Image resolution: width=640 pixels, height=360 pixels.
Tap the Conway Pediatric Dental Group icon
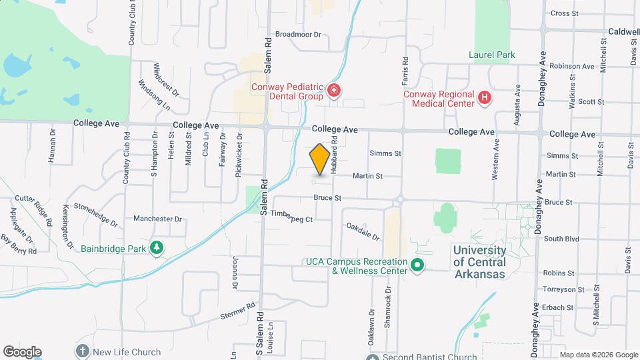tap(334, 91)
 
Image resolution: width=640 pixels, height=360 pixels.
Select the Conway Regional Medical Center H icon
tap(485, 99)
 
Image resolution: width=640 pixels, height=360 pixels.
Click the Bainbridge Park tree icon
tap(157, 249)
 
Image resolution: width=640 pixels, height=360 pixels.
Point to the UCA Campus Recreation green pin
tap(417, 265)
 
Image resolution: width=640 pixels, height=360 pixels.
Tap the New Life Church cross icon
tap(82, 351)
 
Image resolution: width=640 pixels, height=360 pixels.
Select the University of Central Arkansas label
tap(479, 257)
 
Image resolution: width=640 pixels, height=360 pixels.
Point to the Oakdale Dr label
tap(363, 232)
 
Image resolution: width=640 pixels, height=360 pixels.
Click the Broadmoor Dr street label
tap(298, 34)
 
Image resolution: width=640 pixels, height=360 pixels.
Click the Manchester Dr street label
tap(157, 219)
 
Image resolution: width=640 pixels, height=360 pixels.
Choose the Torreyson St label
tap(559, 291)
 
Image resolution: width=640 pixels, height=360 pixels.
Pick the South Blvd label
tap(561, 239)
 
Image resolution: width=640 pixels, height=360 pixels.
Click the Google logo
tap(22, 351)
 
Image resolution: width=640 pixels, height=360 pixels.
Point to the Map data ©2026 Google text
tap(597, 354)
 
